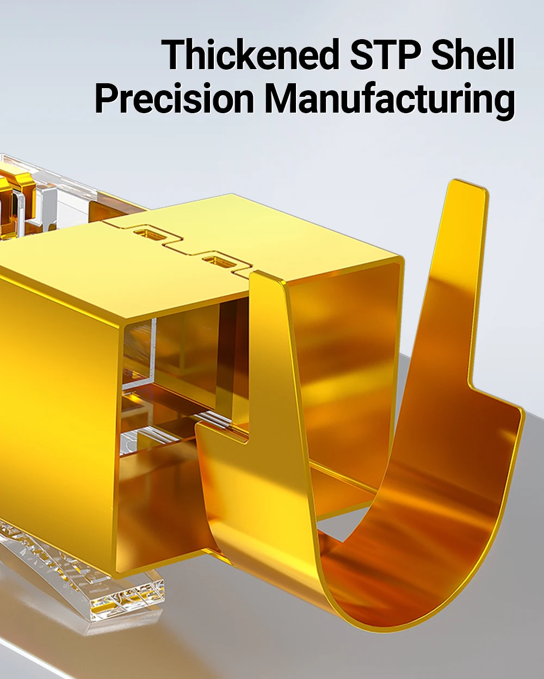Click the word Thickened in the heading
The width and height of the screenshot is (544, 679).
click(x=249, y=54)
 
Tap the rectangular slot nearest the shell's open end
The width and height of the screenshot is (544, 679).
click(x=217, y=261)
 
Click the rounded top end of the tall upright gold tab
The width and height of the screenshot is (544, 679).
click(x=466, y=186)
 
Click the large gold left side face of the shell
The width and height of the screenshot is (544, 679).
click(x=57, y=419)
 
